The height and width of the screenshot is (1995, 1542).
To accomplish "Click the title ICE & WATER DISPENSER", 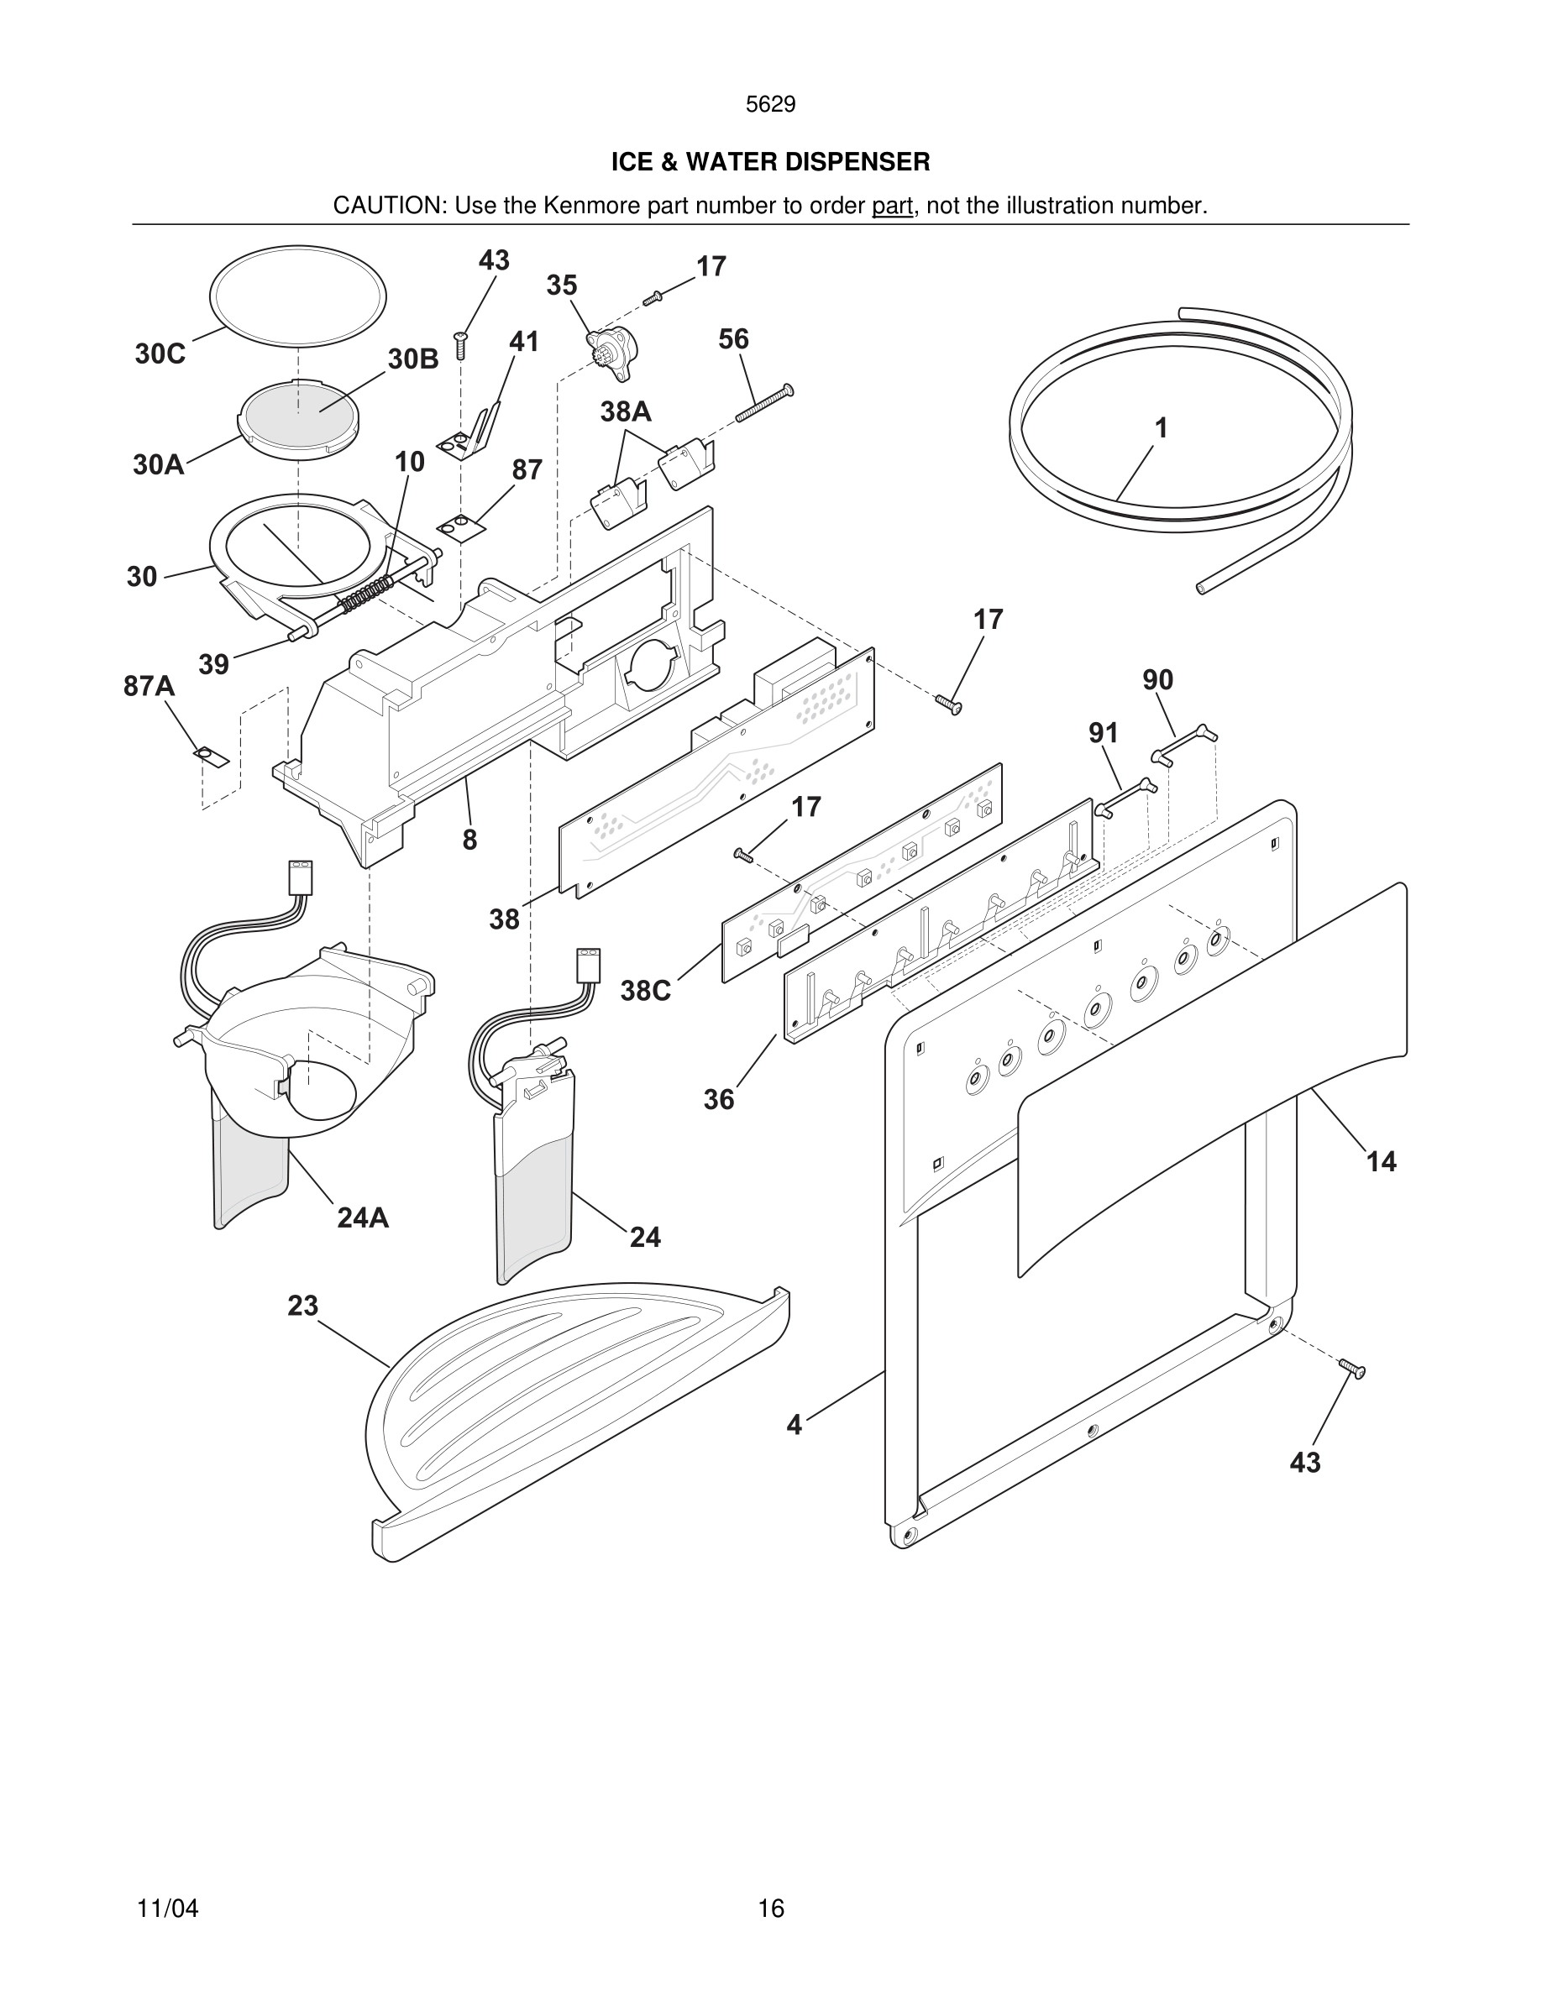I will click(770, 163).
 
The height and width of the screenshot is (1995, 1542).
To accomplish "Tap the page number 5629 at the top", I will click(770, 105).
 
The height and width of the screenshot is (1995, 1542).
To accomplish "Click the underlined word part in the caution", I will click(892, 207).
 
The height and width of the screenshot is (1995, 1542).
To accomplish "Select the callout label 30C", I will click(160, 354).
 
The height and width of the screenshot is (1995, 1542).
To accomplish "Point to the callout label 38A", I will click(626, 412).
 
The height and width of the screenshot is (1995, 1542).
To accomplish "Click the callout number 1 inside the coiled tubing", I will click(1160, 427).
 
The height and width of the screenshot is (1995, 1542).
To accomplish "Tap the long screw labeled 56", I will click(764, 405).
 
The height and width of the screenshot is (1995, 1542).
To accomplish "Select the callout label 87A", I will click(149, 686).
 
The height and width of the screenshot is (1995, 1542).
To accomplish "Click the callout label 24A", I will click(363, 1217).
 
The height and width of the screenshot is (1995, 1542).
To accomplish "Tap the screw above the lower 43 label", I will click(1352, 1369).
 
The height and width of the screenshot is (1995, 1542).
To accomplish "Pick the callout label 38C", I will click(645, 991).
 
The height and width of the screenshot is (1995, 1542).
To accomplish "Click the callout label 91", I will click(1103, 733).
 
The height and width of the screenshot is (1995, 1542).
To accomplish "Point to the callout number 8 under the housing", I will click(469, 840).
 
